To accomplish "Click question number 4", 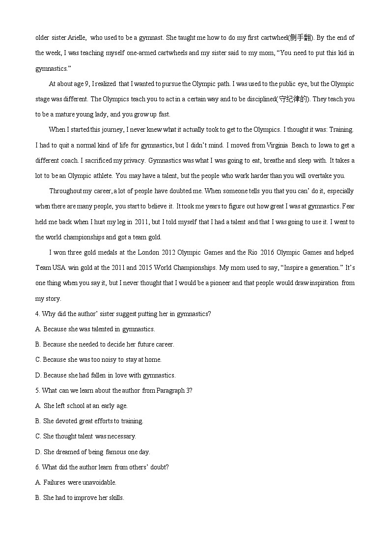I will (37, 314).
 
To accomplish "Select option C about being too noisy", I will (38, 359).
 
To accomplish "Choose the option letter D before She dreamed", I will (38, 452).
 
